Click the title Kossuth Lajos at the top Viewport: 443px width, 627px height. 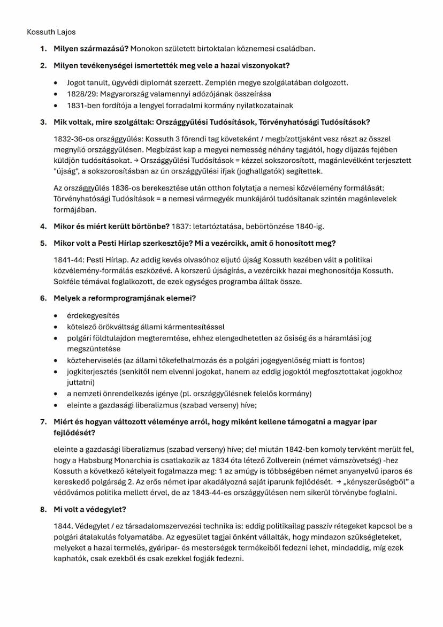pyautogui.click(x=51, y=32)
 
